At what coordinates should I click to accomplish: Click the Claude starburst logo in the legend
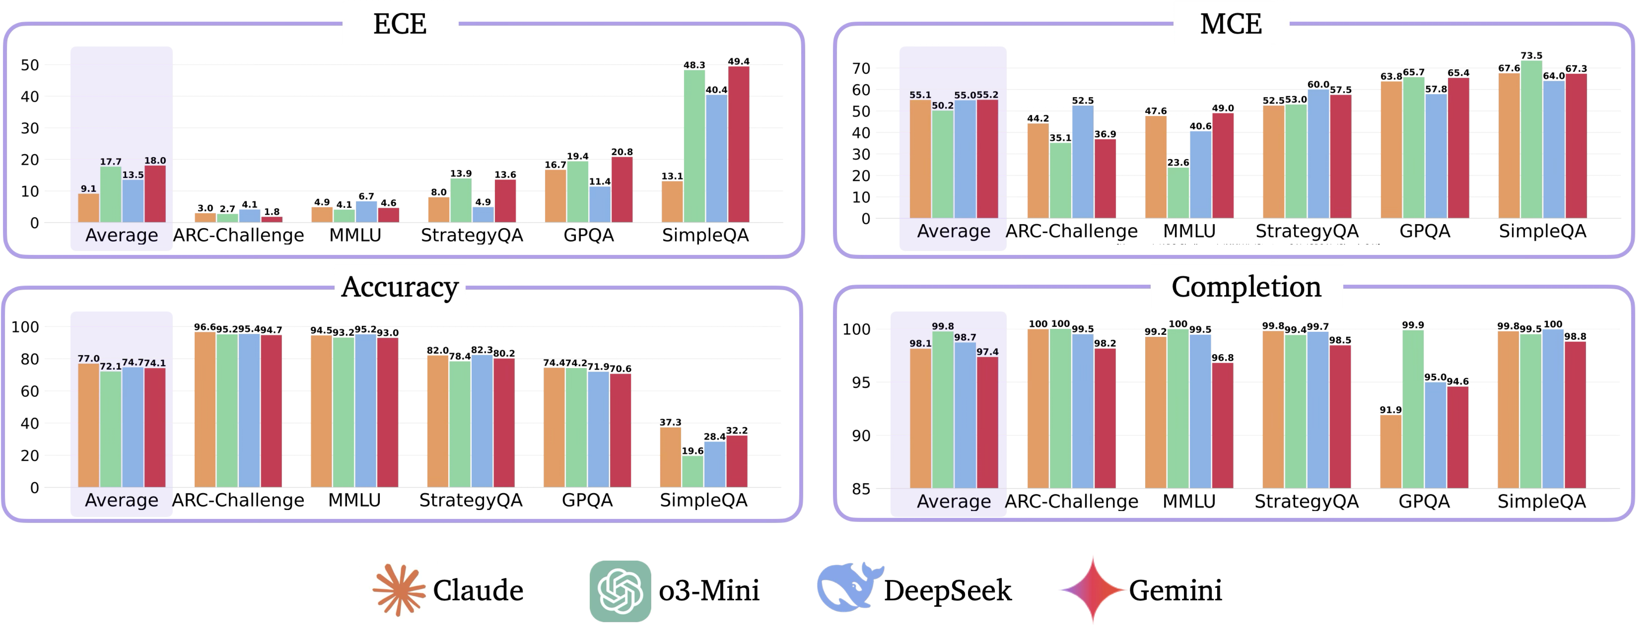pos(399,590)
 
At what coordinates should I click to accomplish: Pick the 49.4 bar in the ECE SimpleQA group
pos(739,145)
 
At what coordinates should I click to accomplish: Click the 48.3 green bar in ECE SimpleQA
pos(694,146)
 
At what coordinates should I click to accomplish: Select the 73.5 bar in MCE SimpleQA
pos(1531,140)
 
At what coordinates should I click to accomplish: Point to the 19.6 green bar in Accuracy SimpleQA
pos(692,472)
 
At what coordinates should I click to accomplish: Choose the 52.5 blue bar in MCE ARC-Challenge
pos(1083,162)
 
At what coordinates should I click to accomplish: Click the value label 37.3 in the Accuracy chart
pos(670,422)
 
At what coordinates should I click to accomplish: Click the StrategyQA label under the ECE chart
pos(472,235)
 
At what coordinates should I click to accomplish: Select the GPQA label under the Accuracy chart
pos(587,500)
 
